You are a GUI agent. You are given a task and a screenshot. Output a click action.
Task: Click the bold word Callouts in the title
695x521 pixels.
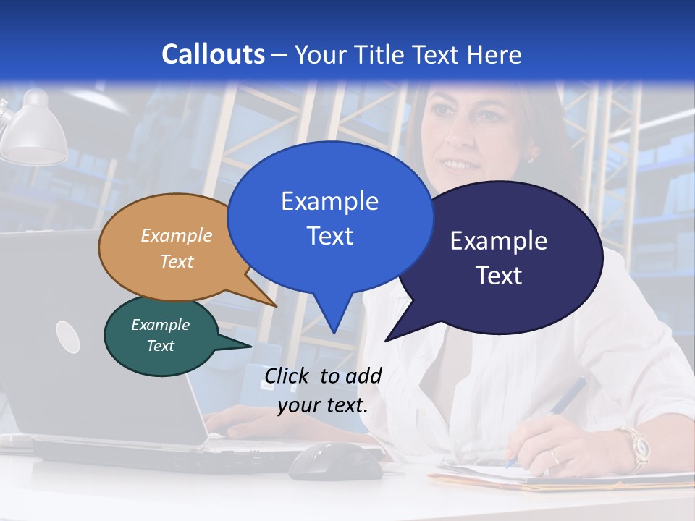coord(213,54)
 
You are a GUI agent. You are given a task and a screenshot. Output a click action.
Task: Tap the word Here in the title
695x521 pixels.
coord(495,54)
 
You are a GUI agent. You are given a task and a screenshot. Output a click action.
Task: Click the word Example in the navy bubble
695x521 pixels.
coord(498,241)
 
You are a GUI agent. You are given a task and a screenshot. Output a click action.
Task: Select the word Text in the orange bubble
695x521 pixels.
coord(177,261)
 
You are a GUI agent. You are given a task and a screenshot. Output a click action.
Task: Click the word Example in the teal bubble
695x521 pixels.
coord(160,325)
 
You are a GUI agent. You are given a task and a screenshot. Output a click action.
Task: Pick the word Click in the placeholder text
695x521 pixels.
coord(287,376)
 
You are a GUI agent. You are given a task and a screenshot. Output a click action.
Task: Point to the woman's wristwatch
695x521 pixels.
coord(636,444)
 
